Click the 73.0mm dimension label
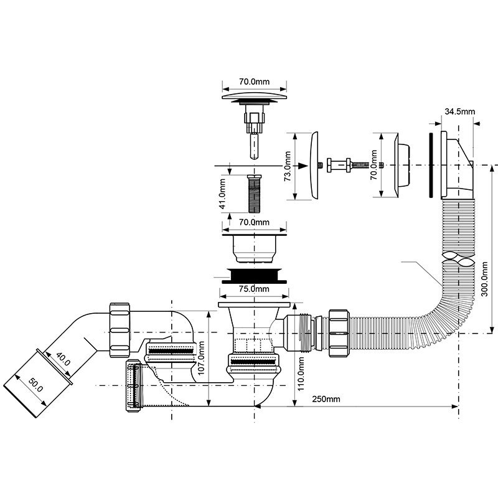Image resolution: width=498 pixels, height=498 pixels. [x=288, y=167]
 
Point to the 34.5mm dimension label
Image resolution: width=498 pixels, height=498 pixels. [x=459, y=111]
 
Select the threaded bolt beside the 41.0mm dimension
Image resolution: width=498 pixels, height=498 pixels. [x=255, y=194]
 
